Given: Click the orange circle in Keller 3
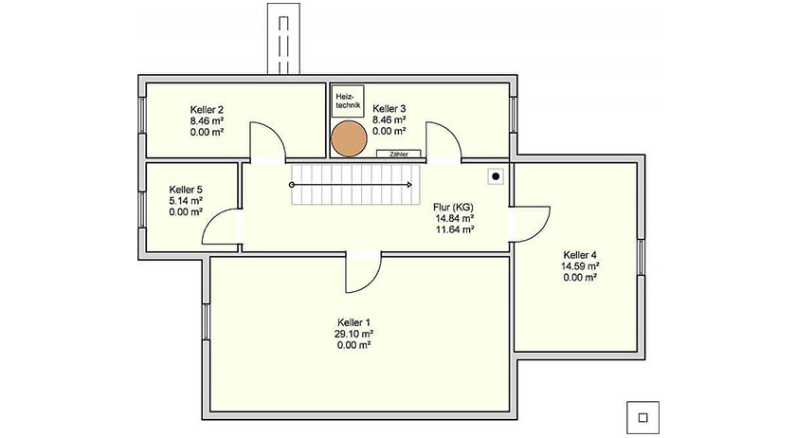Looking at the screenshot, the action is point(349,138).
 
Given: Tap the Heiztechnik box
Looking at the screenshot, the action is point(348,101).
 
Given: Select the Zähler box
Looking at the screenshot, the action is point(399,154).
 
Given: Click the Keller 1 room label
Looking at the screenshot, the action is point(353,322).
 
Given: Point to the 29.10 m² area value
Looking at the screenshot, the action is point(353,335).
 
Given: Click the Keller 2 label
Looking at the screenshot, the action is point(208,110).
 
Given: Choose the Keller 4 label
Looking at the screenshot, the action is point(580,255).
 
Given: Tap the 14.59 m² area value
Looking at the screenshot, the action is point(580,266).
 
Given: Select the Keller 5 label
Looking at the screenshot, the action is point(186,190).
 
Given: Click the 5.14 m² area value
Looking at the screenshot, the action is point(186,201).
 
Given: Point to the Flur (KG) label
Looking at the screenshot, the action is point(453,208).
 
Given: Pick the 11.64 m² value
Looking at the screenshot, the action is point(455,229).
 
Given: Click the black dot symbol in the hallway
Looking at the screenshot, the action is point(496,176).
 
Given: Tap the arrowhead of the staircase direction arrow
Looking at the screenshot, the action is point(409,185).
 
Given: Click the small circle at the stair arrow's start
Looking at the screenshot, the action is point(292,185).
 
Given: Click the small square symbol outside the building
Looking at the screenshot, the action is point(642,418).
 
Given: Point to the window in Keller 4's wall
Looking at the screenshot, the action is point(642,257).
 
